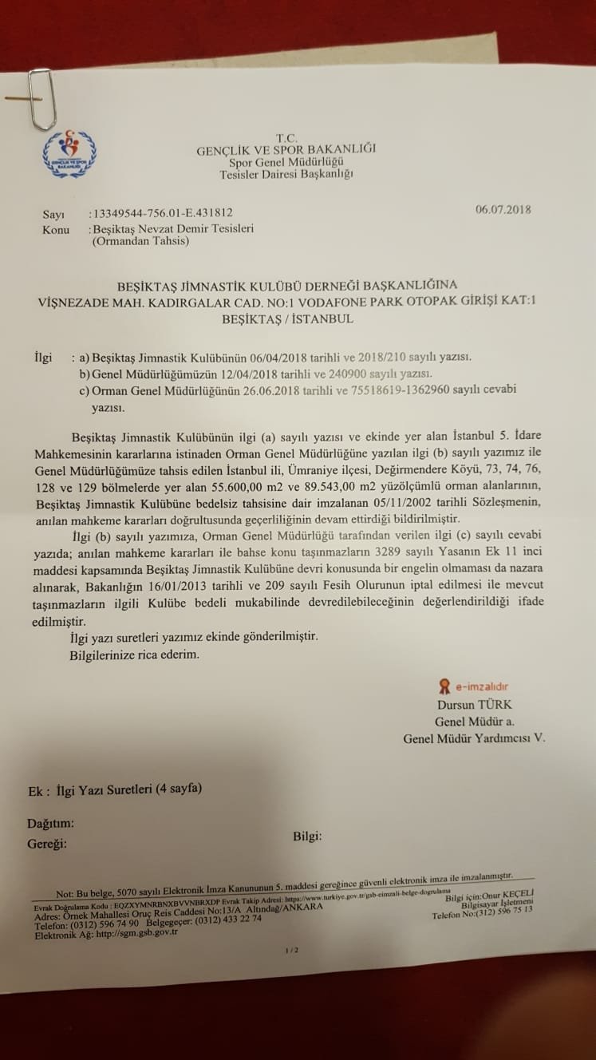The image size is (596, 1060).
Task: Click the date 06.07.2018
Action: coord(503,211)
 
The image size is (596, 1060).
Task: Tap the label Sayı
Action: coord(53,214)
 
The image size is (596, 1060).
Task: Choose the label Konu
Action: coord(56,229)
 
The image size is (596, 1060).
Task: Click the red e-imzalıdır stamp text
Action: coord(481,686)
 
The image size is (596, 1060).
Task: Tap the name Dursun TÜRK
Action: coord(474,705)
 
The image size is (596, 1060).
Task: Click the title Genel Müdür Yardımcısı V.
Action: coord(474,738)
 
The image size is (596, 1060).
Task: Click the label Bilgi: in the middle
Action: coord(307,836)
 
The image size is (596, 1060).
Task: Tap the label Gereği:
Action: coord(48,842)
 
